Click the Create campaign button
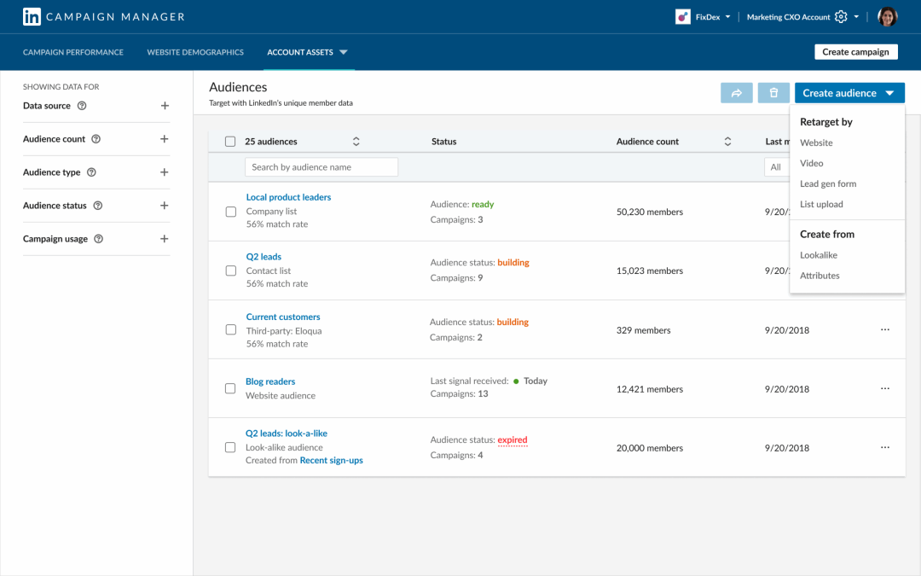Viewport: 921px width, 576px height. (856, 52)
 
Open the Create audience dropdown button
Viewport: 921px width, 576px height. (849, 93)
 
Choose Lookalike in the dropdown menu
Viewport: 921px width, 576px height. (819, 255)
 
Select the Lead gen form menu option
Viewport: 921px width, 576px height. (828, 183)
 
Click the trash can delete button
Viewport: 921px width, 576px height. (773, 93)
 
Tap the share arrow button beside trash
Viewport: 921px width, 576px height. (736, 93)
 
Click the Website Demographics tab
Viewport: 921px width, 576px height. (195, 52)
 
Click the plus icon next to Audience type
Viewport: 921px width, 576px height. (165, 172)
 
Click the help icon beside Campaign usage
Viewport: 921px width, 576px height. (98, 239)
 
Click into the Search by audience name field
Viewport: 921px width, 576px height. (321, 167)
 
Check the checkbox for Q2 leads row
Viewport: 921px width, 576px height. (230, 271)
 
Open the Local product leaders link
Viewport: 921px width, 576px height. (288, 197)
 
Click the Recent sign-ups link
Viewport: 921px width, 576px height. (331, 461)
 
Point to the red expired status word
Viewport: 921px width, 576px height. (513, 440)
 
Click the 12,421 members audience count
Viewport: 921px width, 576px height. (649, 389)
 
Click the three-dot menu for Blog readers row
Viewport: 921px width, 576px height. (884, 388)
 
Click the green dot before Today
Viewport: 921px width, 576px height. (516, 381)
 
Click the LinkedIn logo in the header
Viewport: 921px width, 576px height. (32, 16)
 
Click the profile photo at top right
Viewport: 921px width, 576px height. (888, 16)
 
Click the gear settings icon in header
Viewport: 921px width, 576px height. (841, 17)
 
